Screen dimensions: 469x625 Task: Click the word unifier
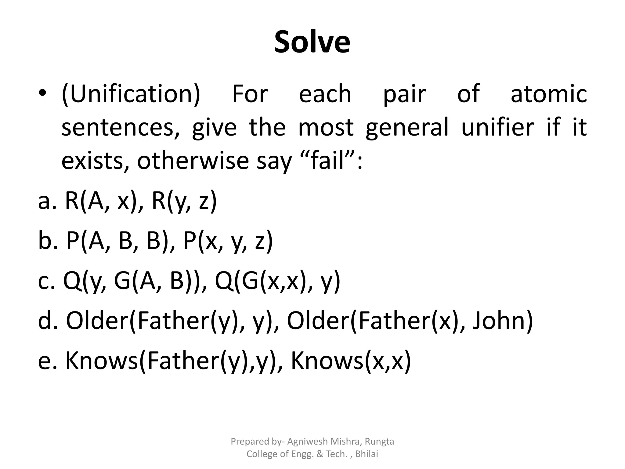click(497, 127)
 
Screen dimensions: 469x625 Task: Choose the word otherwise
click(193, 161)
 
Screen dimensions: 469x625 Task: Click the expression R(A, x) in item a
click(100, 201)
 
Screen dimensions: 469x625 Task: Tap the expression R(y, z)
click(184, 201)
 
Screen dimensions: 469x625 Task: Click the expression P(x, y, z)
click(228, 241)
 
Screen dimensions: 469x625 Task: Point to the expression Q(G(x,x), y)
click(277, 281)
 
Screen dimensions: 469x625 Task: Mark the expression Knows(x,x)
click(351, 361)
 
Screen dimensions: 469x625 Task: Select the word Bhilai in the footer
click(367, 454)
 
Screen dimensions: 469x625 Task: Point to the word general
click(407, 127)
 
